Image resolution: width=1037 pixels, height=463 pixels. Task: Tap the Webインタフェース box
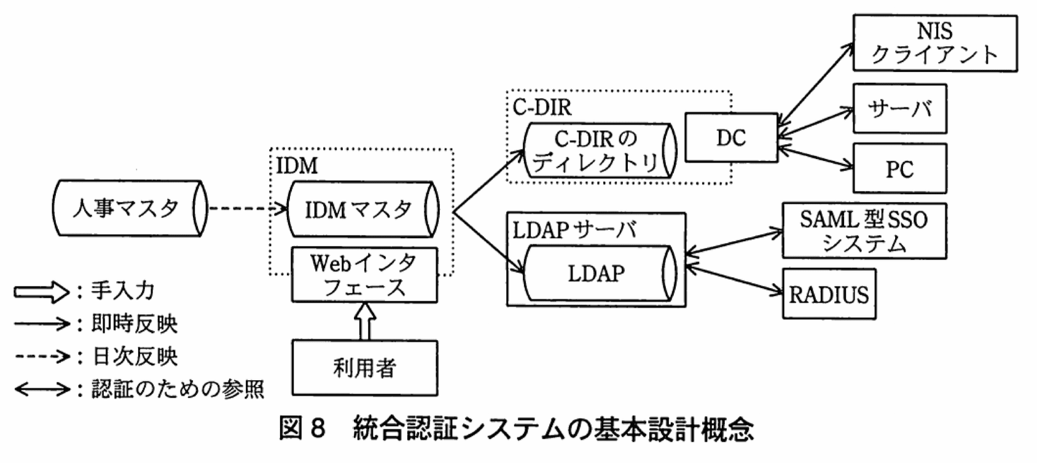[364, 275]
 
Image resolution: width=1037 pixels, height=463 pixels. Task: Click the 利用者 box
[364, 368]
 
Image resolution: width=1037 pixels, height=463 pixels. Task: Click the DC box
[731, 138]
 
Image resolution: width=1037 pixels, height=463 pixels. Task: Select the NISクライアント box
[934, 43]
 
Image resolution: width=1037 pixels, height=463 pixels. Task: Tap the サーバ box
[899, 109]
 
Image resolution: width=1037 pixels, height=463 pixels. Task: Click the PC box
[899, 169]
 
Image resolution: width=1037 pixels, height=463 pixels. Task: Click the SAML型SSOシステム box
[864, 231]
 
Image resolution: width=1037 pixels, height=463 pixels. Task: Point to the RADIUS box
[829, 294]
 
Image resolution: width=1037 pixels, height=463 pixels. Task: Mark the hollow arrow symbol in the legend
[41, 292]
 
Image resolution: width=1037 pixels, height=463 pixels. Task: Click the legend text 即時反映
[135, 324]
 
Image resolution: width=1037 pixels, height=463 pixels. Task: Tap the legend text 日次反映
[135, 356]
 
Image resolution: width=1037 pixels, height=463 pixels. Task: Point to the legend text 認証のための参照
[178, 389]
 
